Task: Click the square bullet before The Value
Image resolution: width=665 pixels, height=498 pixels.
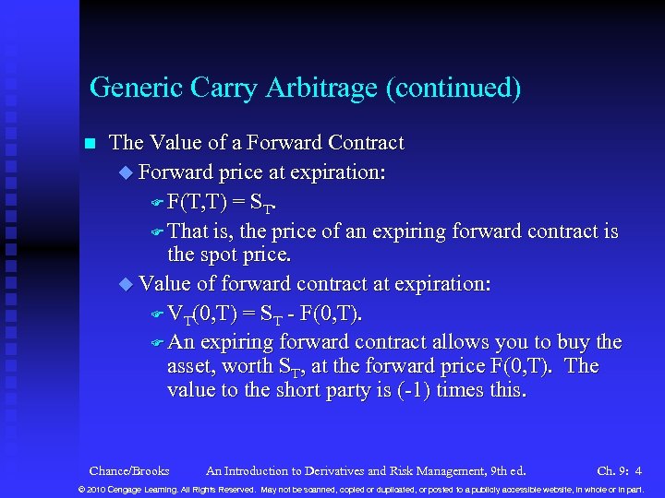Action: point(90,144)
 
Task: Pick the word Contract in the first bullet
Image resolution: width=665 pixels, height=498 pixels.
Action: point(362,143)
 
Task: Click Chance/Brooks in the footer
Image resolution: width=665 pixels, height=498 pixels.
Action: point(129,469)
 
